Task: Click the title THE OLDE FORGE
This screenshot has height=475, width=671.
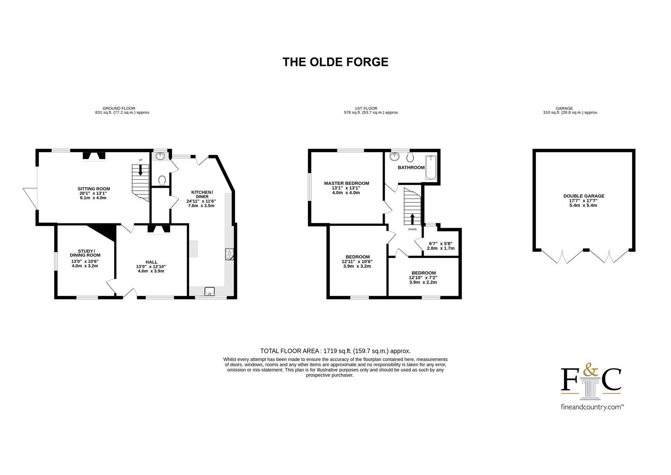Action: pyautogui.click(x=335, y=62)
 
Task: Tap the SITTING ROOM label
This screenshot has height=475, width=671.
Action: pyautogui.click(x=94, y=189)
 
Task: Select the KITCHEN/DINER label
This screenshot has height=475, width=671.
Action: pyautogui.click(x=202, y=194)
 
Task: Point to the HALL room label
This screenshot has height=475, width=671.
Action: pyautogui.click(x=151, y=262)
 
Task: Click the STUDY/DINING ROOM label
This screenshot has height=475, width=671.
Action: pyautogui.click(x=86, y=253)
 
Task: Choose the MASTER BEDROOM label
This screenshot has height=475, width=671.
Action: pyautogui.click(x=346, y=184)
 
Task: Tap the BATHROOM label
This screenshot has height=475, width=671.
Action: pyautogui.click(x=411, y=168)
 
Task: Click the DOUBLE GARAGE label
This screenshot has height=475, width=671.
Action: pyautogui.click(x=584, y=196)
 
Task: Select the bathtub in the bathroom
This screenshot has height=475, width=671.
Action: pyautogui.click(x=431, y=168)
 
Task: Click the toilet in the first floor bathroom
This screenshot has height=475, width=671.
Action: pyautogui.click(x=411, y=157)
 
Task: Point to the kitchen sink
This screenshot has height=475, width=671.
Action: pyautogui.click(x=209, y=291)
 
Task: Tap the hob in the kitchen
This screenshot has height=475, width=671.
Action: pyautogui.click(x=229, y=254)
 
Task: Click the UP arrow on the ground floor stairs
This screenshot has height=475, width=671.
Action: pyautogui.click(x=140, y=170)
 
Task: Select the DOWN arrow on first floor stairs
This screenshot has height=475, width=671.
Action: pyautogui.click(x=412, y=219)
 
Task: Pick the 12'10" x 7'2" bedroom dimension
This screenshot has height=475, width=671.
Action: pyautogui.click(x=423, y=278)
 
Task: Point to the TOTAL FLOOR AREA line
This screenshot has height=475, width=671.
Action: pyautogui.click(x=335, y=351)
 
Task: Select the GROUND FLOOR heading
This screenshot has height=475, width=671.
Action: pyautogui.click(x=119, y=108)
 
